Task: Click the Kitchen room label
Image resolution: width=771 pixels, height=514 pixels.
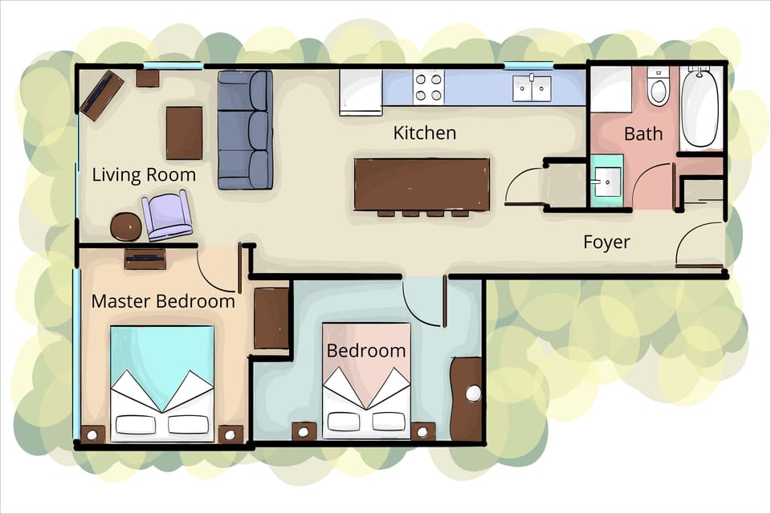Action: click(x=424, y=133)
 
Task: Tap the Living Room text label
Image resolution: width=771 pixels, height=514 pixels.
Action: click(x=144, y=175)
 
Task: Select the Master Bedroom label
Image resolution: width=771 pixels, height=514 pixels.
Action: click(x=163, y=302)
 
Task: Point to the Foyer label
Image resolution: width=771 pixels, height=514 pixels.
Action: click(x=606, y=242)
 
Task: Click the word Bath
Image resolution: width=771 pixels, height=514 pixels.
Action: click(x=642, y=134)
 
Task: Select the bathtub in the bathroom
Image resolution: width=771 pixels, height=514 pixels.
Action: click(x=700, y=108)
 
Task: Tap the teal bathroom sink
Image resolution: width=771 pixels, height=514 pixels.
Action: click(x=607, y=181)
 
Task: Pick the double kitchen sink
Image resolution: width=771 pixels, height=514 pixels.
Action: click(x=532, y=88)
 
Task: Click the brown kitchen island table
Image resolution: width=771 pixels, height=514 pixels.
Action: click(x=422, y=184)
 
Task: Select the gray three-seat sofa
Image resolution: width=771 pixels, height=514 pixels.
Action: click(x=245, y=129)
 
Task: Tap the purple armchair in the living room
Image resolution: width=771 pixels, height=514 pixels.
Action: click(x=167, y=215)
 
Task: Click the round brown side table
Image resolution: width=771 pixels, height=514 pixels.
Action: click(x=125, y=227)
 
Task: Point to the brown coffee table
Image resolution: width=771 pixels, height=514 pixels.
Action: click(x=184, y=133)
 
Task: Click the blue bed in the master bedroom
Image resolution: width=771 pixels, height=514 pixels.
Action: click(x=162, y=382)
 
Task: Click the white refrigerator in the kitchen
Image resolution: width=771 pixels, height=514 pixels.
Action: click(x=361, y=92)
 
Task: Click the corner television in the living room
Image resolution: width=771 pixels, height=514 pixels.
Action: click(x=101, y=95)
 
